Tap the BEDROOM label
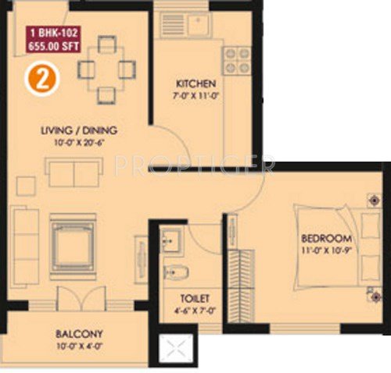(x=327, y=238)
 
